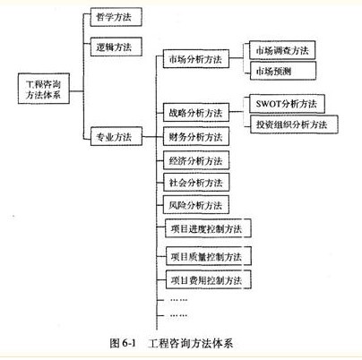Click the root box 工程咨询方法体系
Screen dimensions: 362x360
[44, 89]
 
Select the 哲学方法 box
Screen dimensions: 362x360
[116, 17]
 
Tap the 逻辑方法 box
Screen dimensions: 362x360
[116, 47]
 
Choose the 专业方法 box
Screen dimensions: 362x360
[116, 136]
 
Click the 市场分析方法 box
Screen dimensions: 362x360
[196, 59]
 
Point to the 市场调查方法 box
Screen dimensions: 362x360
[282, 50]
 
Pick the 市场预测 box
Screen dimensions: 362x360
[283, 71]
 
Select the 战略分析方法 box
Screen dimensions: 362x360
[196, 112]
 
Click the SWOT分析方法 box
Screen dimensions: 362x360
[287, 104]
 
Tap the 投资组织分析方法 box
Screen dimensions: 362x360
[294, 124]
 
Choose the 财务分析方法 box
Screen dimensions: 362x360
[196, 136]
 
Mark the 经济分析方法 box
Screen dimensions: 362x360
[196, 160]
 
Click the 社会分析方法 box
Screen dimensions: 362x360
[196, 182]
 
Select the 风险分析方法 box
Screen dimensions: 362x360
[196, 205]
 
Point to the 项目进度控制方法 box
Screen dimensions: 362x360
[208, 228]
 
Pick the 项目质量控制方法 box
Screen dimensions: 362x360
[209, 256]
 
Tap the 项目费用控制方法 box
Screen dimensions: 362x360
[209, 279]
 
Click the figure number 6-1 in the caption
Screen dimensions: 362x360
[129, 343]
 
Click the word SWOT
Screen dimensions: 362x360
[269, 104]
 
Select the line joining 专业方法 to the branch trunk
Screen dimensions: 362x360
[149, 137]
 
